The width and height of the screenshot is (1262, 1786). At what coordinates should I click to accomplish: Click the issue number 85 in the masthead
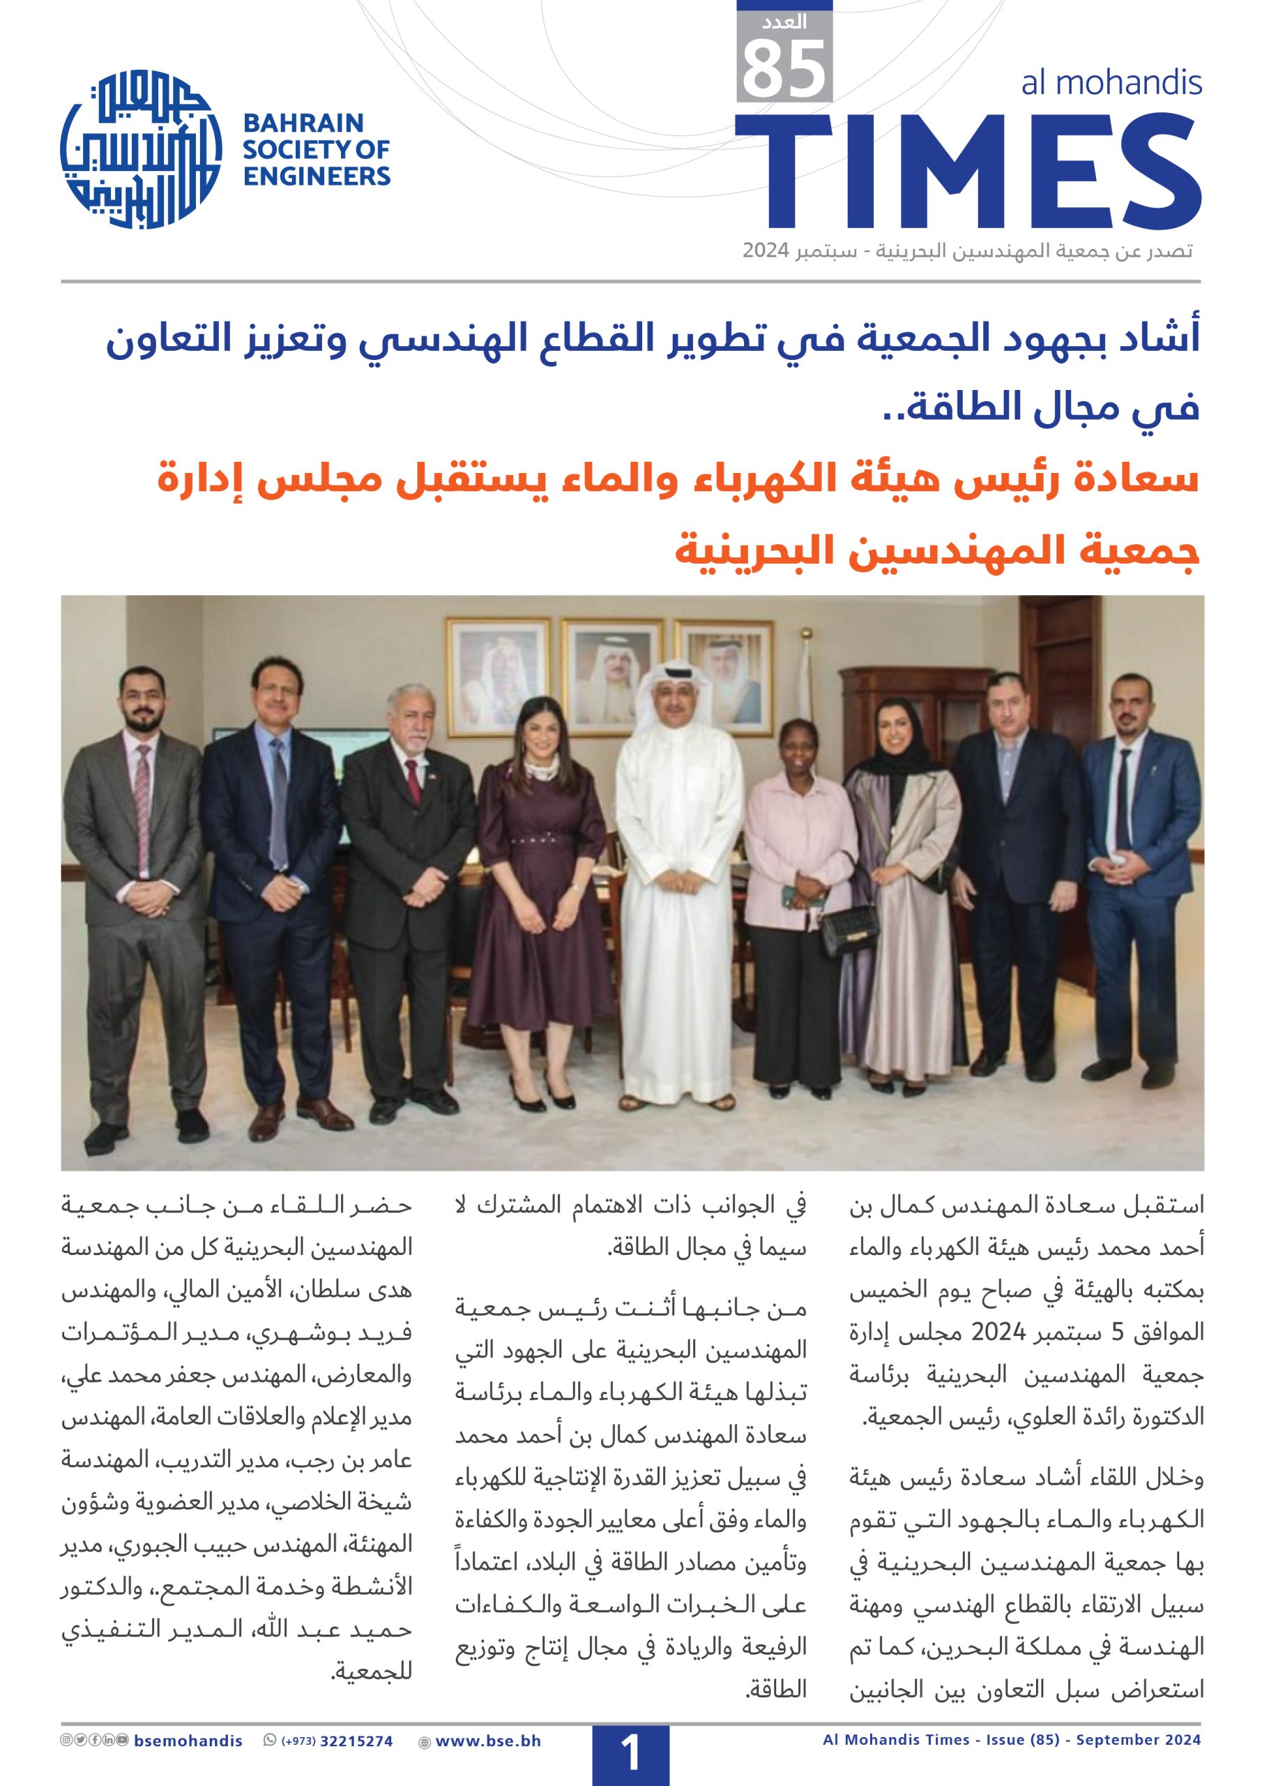[x=784, y=68]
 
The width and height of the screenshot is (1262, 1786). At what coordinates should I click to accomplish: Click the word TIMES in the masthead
[x=967, y=170]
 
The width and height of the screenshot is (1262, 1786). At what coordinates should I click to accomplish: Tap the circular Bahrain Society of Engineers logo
[x=141, y=149]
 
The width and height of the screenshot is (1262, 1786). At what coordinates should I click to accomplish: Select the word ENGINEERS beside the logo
[x=317, y=177]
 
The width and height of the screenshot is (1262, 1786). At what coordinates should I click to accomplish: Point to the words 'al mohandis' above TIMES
[x=1111, y=82]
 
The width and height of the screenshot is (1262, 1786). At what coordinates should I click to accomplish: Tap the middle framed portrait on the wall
[x=612, y=675]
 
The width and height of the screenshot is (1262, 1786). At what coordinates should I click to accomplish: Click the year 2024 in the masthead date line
[x=767, y=251]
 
